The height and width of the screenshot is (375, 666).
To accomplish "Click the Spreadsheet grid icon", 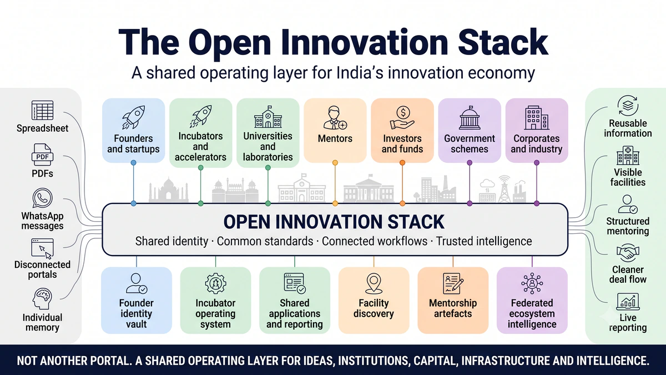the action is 43,110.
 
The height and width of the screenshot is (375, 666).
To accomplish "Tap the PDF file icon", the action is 43,155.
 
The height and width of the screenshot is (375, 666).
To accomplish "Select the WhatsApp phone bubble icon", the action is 43,198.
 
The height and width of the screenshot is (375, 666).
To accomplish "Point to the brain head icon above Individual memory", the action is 42,298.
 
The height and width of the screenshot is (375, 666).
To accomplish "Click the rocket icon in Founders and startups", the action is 134,117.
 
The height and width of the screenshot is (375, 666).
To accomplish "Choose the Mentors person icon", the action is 335,118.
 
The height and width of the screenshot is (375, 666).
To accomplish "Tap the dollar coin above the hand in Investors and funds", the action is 403,112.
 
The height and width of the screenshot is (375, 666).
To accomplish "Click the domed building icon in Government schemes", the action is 470,118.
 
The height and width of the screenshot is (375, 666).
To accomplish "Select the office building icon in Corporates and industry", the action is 537,118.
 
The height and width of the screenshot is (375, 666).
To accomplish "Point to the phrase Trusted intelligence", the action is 484,241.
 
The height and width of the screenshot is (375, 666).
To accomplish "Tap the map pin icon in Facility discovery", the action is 374,283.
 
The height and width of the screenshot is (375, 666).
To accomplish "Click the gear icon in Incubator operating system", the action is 215,283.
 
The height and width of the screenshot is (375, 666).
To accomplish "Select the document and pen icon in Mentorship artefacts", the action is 453,283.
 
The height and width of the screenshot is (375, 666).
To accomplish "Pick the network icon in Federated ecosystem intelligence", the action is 532,283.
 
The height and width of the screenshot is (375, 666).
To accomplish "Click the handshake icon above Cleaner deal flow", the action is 628,253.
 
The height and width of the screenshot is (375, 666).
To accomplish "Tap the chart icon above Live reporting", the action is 628,302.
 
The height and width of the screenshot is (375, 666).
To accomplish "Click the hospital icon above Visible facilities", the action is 628,156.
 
